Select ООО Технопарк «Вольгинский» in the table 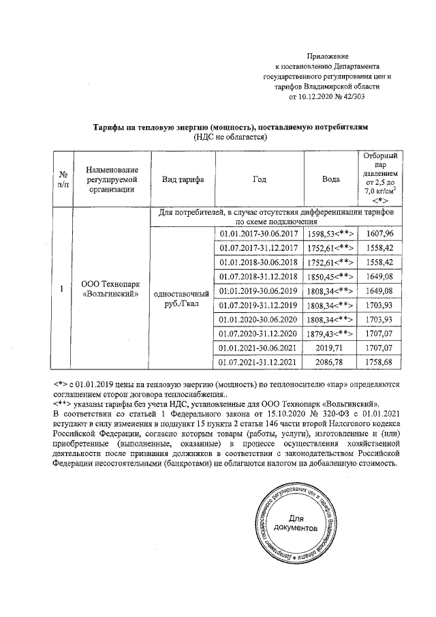coord(110,289)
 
